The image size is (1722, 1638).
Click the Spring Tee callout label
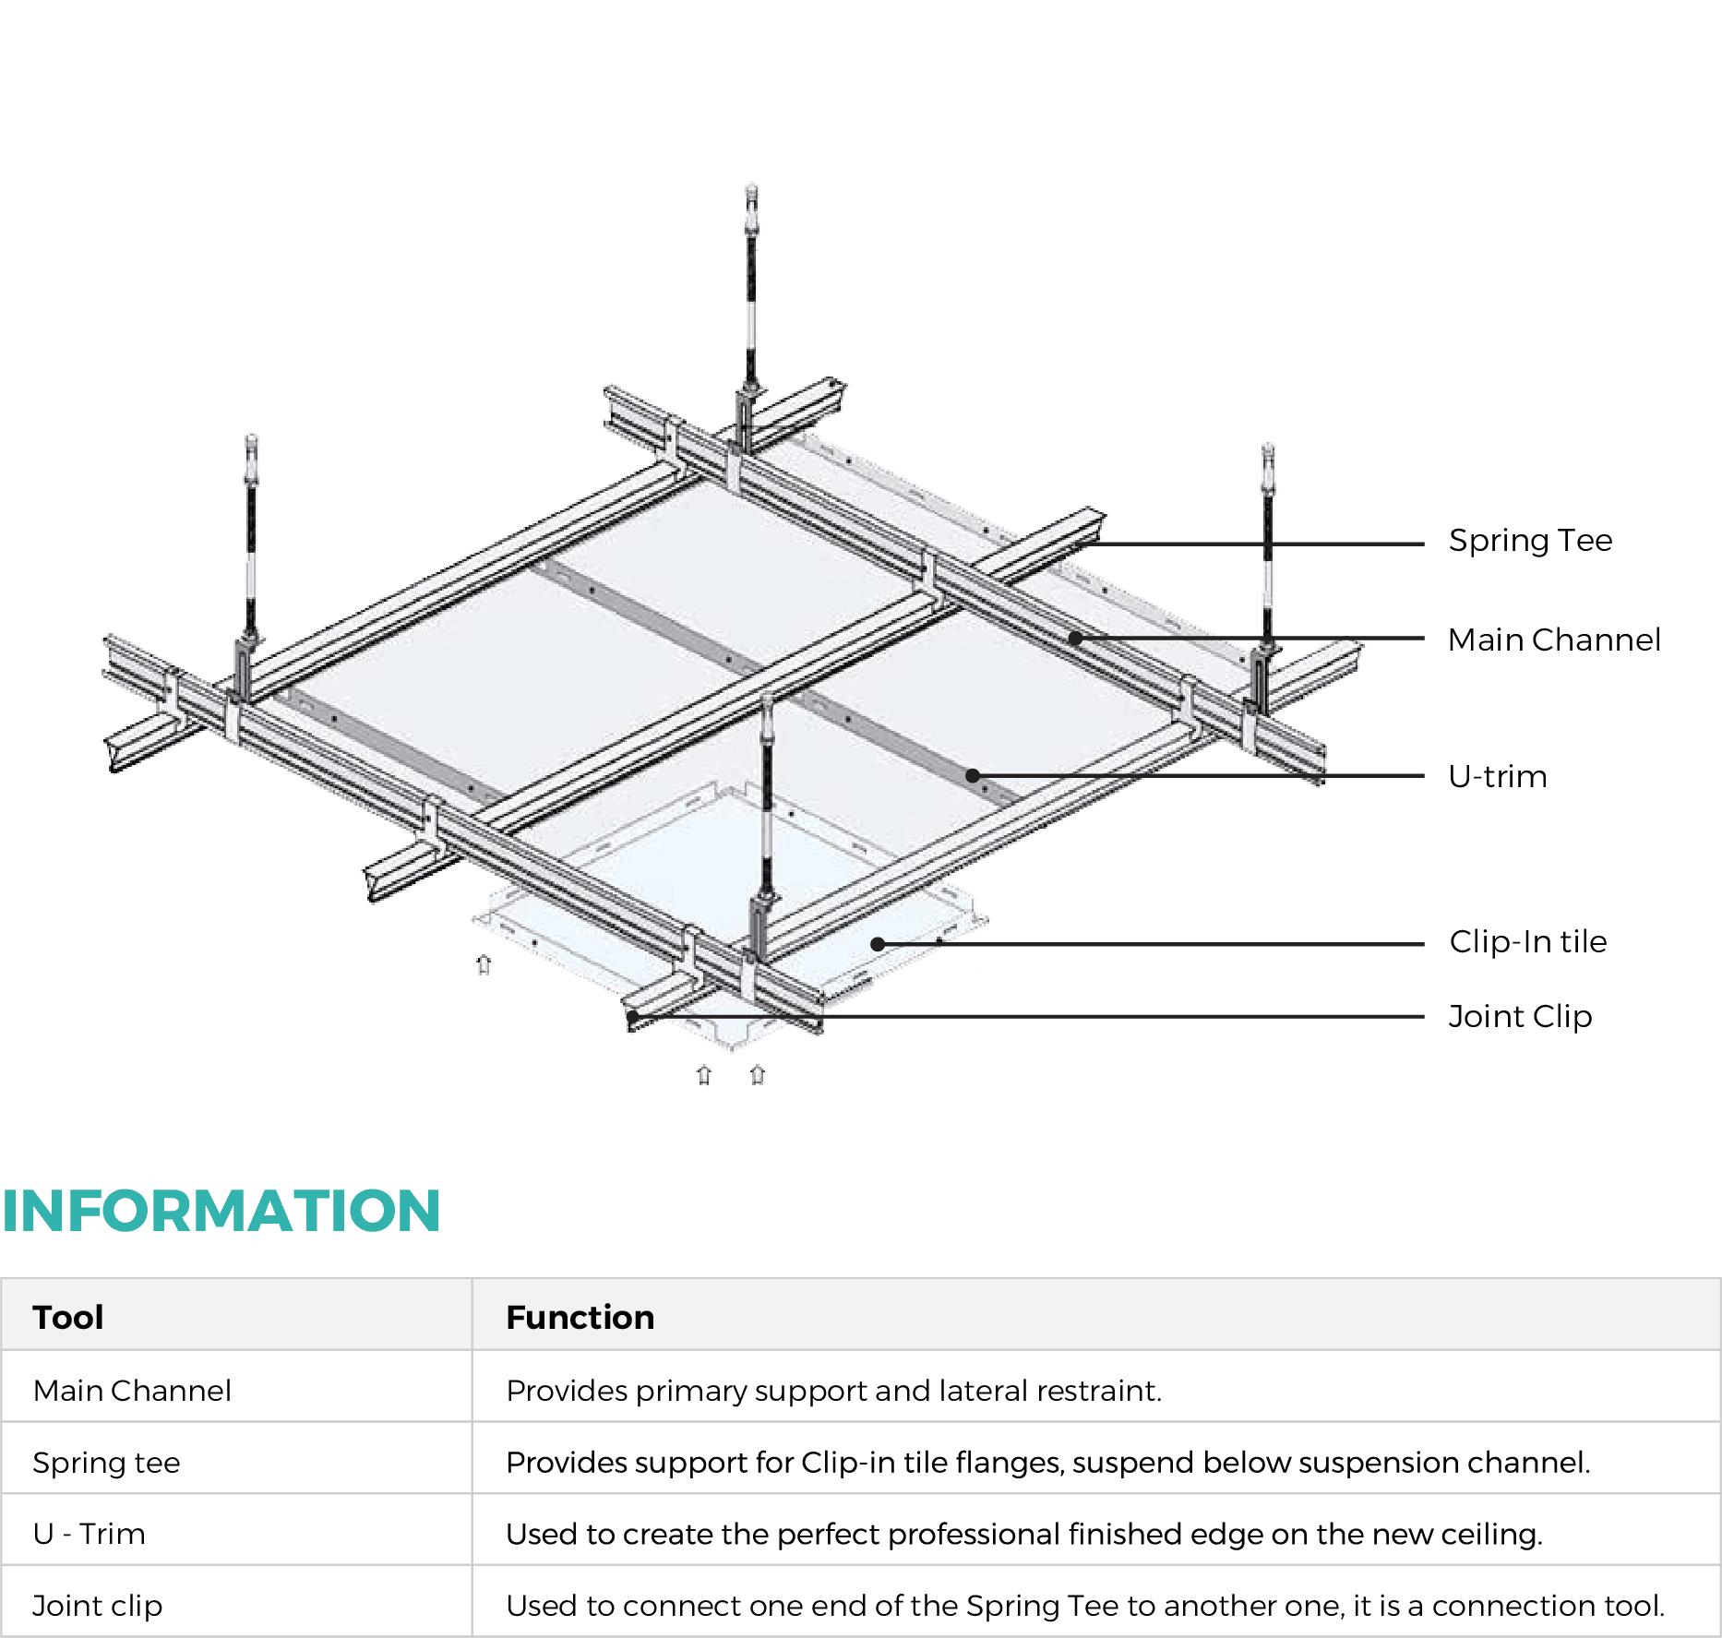(1530, 541)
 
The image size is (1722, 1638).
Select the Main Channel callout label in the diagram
(1553, 640)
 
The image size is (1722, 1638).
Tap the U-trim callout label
(1497, 777)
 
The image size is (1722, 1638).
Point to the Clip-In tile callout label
(1527, 941)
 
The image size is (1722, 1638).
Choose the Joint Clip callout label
(1520, 1017)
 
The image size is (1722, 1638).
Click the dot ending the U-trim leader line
(972, 775)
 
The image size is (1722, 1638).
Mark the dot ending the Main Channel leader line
(1075, 638)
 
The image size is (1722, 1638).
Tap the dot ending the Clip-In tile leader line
(878, 944)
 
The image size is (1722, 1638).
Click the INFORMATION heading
(221, 1211)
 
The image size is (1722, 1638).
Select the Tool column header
(68, 1317)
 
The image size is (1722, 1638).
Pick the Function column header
(580, 1317)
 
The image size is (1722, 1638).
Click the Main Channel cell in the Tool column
(132, 1391)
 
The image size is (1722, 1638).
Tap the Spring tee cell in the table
(106, 1463)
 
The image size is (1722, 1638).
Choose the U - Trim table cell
(89, 1534)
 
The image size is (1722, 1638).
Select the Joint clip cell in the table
(97, 1606)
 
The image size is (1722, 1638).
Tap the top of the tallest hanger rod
(751, 189)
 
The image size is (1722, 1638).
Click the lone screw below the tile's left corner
(483, 964)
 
